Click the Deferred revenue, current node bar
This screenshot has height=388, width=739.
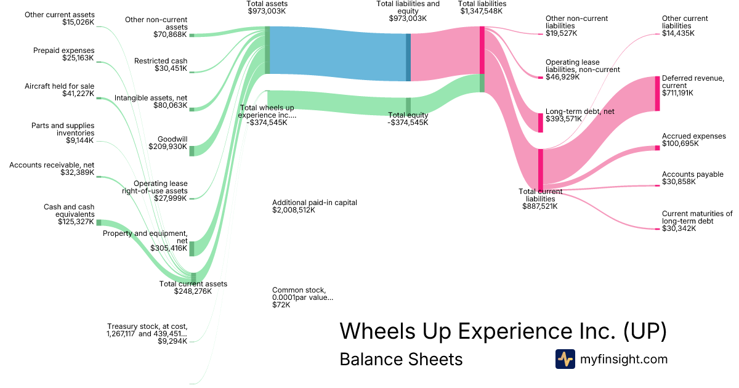click(657, 94)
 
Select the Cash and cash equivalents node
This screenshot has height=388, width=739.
click(99, 222)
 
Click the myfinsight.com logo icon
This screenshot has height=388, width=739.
click(565, 359)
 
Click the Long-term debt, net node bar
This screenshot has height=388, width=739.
click(541, 123)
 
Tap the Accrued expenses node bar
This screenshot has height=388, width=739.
click(657, 148)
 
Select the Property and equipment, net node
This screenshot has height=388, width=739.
click(192, 248)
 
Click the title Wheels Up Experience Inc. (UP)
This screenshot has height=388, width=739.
click(503, 331)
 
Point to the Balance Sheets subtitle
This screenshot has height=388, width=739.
click(401, 359)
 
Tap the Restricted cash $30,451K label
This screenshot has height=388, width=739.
click(161, 65)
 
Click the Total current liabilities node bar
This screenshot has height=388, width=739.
click(541, 166)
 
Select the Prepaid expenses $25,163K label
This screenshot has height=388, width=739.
click(63, 54)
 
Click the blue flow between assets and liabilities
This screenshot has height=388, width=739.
click(337, 54)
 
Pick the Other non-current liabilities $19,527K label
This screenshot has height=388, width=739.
click(576, 26)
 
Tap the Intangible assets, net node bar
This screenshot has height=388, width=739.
click(192, 109)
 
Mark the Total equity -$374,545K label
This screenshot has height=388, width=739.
click(408, 119)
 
